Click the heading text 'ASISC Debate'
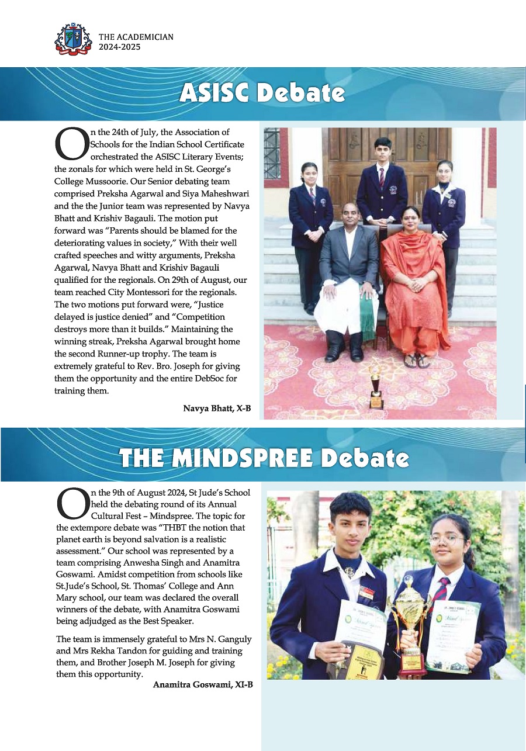262,94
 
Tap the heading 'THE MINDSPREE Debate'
264,458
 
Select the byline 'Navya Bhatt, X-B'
217,409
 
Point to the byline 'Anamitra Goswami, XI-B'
203,684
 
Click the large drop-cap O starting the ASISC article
70,144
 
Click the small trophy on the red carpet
376,389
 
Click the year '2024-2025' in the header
120,47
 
